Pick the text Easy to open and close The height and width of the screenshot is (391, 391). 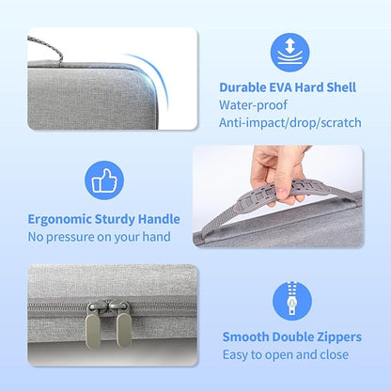[x=285, y=354]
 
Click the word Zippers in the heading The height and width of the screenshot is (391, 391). [x=330, y=336]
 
